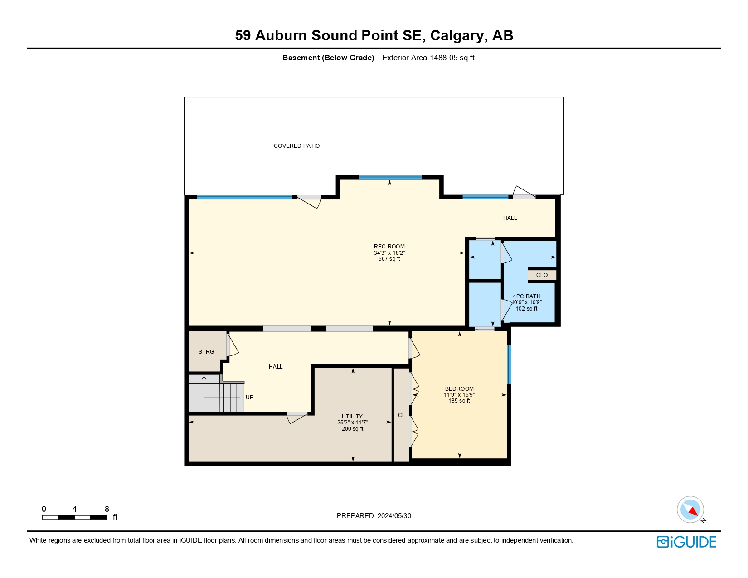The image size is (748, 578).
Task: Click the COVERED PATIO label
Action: pyautogui.click(x=296, y=146)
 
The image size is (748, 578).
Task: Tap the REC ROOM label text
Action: pyautogui.click(x=389, y=247)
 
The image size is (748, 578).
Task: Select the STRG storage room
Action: pyautogui.click(x=206, y=352)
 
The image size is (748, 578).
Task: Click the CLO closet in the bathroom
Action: pyautogui.click(x=542, y=275)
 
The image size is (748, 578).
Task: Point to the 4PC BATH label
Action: pyautogui.click(x=526, y=296)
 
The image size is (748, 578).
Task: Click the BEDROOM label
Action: pyautogui.click(x=459, y=389)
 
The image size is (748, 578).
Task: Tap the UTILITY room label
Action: pyautogui.click(x=352, y=417)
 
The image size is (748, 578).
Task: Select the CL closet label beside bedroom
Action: pyautogui.click(x=401, y=415)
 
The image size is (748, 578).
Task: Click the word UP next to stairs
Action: pyautogui.click(x=249, y=398)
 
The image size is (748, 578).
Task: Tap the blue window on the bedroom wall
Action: pyautogui.click(x=509, y=364)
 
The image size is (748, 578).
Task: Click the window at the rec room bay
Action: pyautogui.click(x=390, y=177)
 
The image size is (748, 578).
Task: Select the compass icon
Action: pyautogui.click(x=690, y=510)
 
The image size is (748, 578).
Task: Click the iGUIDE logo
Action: pyautogui.click(x=686, y=542)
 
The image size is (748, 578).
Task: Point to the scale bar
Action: pyautogui.click(x=74, y=517)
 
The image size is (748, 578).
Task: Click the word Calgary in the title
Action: pyautogui.click(x=457, y=35)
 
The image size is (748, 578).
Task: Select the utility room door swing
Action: pyautogui.click(x=297, y=418)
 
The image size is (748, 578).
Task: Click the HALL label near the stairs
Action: pyautogui.click(x=275, y=367)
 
